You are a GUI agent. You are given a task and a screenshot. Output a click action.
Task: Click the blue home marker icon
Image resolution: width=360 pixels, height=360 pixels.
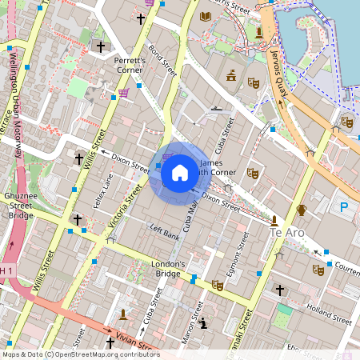[179, 172]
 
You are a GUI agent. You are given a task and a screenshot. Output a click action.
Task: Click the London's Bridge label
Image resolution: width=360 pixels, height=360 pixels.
[169, 269]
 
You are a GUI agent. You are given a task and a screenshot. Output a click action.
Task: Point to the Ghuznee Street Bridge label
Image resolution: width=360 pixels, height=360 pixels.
[20, 210]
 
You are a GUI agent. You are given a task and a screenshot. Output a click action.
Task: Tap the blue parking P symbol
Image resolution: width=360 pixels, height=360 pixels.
[345, 207]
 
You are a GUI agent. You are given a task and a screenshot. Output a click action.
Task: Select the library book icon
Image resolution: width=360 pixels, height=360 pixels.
[206, 16]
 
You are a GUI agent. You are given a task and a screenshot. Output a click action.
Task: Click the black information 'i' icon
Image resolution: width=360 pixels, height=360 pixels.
[203, 323]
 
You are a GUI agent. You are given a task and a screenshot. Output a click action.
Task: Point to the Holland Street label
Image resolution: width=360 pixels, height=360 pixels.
[329, 314]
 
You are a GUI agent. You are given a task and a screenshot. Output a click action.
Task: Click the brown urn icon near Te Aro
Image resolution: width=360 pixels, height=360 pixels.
[302, 210]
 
